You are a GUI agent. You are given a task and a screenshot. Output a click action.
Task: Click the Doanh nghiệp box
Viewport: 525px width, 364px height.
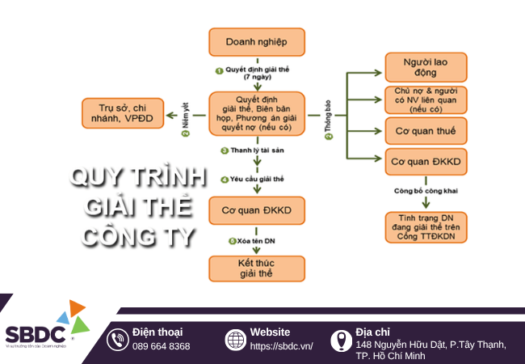click(x=258, y=41)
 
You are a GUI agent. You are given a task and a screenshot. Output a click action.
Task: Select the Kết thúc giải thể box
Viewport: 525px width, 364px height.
click(x=258, y=269)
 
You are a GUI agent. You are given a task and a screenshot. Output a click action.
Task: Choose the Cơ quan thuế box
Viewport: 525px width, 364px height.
click(x=425, y=130)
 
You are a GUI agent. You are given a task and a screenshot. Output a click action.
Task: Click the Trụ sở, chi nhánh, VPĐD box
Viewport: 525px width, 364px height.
click(x=122, y=112)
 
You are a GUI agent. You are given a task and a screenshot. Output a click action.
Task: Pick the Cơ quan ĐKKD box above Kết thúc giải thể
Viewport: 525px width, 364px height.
click(x=258, y=210)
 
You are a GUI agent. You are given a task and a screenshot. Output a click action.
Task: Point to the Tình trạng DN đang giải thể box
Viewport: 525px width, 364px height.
click(x=425, y=226)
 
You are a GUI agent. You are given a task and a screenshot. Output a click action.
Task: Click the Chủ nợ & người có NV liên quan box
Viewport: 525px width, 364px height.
click(x=425, y=99)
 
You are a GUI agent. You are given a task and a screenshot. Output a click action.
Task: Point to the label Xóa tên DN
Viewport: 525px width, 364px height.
click(x=261, y=241)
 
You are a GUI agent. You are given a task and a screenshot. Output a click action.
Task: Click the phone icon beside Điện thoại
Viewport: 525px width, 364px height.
click(x=119, y=340)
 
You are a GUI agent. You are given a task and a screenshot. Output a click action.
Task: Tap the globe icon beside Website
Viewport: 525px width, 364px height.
click(x=235, y=340)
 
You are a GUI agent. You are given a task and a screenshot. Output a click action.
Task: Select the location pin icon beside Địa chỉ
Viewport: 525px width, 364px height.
click(x=340, y=340)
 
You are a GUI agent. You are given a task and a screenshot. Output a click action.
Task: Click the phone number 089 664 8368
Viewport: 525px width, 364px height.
click(x=162, y=346)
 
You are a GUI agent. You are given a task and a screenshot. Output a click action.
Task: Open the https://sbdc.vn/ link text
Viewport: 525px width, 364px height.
click(x=281, y=346)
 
